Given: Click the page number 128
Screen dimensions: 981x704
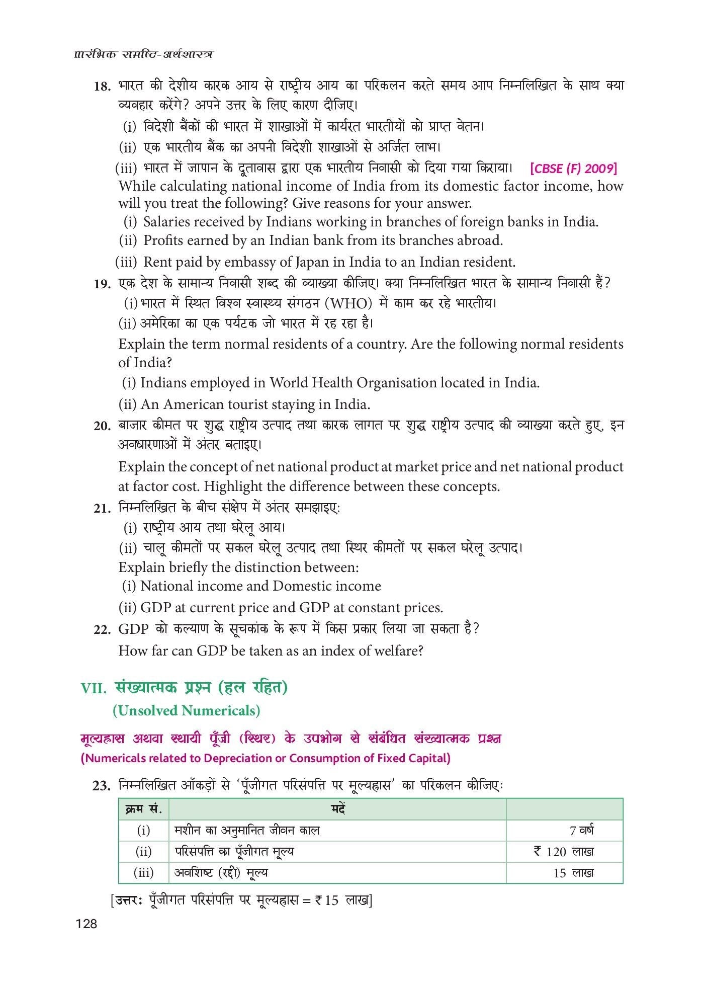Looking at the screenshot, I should [x=85, y=924].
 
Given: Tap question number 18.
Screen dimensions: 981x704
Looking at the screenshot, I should [x=102, y=87].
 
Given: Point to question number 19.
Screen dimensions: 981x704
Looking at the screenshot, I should [x=102, y=284].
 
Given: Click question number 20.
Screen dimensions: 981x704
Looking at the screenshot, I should [x=102, y=426].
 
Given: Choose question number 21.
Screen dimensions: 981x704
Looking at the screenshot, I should [x=102, y=508].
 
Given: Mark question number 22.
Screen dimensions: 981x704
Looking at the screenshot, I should [x=102, y=629].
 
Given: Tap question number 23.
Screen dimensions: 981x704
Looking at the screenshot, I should [x=102, y=785].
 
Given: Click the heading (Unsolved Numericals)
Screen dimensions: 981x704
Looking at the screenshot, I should [x=186, y=710].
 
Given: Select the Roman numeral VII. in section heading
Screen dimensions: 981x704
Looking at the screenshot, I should [x=94, y=688].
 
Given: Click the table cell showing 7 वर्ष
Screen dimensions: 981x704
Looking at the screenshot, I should [x=581, y=830].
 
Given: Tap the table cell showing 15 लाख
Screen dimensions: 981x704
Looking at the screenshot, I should [x=573, y=873].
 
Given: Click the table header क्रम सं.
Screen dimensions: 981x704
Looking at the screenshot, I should [x=143, y=809].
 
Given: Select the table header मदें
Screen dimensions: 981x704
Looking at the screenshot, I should [x=337, y=809].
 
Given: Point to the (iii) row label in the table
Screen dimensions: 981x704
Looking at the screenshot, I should [x=143, y=873].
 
